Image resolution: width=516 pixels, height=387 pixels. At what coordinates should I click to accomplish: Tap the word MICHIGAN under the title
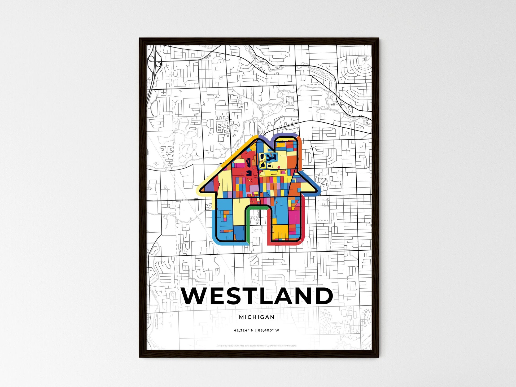(257, 317)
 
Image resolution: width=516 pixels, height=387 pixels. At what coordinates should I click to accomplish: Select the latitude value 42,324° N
(244, 331)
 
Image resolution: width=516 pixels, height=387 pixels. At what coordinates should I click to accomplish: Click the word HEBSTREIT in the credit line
(233, 346)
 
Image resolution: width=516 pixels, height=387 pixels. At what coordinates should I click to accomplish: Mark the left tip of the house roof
(201, 190)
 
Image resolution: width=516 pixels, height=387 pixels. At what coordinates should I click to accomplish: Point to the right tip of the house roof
(317, 190)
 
